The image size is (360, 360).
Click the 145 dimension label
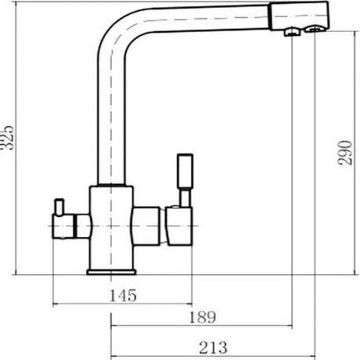pos(123,295)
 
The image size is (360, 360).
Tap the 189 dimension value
pos(203,317)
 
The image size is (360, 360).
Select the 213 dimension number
pos(213,347)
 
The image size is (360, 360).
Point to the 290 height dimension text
pos(345,153)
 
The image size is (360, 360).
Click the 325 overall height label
pos(8,138)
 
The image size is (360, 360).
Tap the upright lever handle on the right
pos(185,171)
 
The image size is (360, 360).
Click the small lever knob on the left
pos(59,207)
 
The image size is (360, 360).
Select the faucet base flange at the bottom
pos(111,272)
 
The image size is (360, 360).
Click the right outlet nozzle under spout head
pos(315,28)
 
